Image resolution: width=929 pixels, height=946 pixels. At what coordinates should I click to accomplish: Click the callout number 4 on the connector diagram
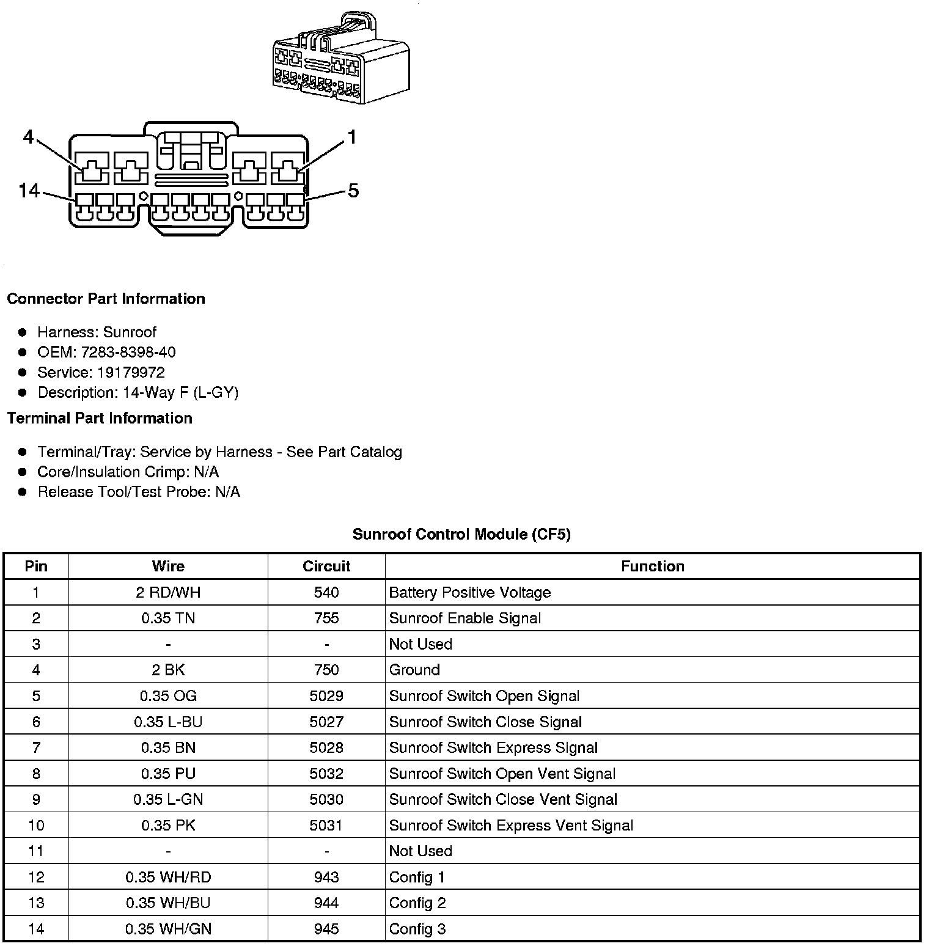(28, 137)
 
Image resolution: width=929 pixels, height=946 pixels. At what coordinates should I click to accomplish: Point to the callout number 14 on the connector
(29, 191)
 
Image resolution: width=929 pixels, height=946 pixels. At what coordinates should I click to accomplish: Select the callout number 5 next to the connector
(353, 191)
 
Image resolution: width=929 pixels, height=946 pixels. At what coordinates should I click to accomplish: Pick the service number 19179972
(131, 372)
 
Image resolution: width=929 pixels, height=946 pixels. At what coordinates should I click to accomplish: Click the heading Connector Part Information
(106, 299)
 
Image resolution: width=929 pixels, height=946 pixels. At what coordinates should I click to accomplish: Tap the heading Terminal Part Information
(100, 418)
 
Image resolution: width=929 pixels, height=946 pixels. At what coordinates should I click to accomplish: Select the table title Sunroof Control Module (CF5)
(461, 534)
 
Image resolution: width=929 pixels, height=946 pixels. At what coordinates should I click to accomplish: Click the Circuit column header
(326, 566)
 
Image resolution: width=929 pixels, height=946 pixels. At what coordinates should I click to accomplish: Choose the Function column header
(652, 566)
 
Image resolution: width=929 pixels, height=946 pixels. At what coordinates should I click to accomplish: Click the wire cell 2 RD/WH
(168, 592)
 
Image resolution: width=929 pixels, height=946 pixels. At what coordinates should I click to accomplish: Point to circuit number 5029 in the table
(326, 696)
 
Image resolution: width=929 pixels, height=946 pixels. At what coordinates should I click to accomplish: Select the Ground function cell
(414, 670)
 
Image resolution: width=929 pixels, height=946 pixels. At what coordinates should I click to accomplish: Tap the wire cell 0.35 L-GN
(168, 799)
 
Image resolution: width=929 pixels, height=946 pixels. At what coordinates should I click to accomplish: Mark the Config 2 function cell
(417, 903)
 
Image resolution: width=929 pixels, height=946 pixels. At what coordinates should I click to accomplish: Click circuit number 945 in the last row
(326, 929)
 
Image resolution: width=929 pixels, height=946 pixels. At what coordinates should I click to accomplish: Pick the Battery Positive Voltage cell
(469, 592)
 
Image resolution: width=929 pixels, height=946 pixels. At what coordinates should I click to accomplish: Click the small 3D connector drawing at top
(340, 58)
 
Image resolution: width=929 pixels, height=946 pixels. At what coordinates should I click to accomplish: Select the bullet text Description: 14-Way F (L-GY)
(138, 392)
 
